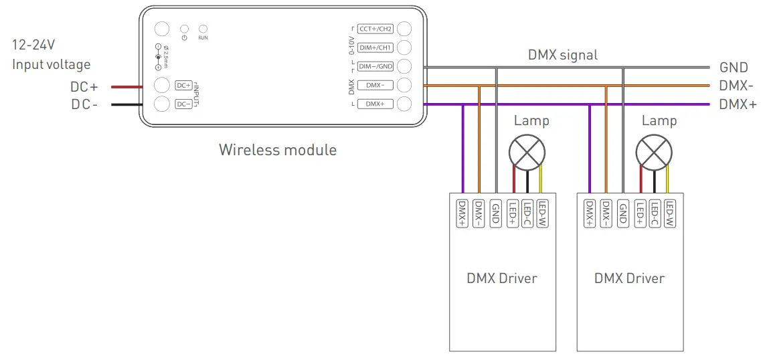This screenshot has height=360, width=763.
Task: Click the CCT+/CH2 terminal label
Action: (375, 29)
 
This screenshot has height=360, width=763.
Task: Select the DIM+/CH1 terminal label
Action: (375, 48)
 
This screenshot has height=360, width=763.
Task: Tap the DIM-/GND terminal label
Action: (375, 66)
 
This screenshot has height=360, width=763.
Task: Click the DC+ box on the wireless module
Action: (183, 86)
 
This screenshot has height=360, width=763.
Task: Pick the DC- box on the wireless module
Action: (183, 104)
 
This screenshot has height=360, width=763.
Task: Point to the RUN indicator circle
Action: (203, 29)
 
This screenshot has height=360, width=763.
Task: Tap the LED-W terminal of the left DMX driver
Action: (543, 213)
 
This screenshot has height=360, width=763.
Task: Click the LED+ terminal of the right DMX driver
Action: (641, 213)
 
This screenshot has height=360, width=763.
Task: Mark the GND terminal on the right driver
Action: (623, 213)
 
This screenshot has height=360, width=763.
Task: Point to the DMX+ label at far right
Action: (738, 104)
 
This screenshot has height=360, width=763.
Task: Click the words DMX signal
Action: (564, 55)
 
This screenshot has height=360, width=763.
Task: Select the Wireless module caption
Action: (278, 149)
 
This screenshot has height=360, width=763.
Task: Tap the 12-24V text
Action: (34, 46)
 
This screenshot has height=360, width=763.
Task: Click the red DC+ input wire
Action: (125, 86)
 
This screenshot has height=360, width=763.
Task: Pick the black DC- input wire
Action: (125, 104)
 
